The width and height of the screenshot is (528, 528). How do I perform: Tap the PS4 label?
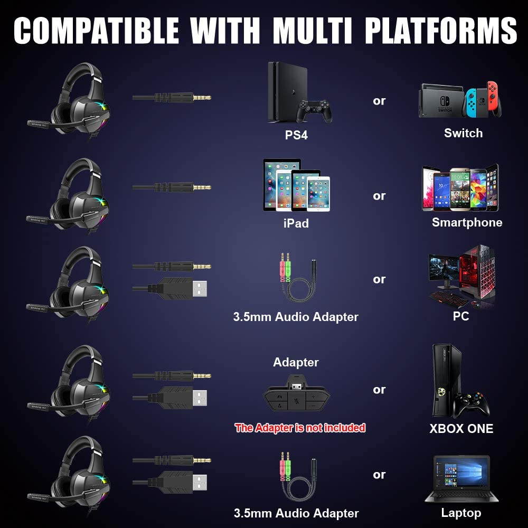coord(296,135)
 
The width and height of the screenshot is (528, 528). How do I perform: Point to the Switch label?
coord(463,133)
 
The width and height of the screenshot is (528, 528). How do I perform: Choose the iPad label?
coord(296,223)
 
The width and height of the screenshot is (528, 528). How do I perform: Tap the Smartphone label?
coord(467,222)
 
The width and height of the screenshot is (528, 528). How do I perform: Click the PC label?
coord(460,317)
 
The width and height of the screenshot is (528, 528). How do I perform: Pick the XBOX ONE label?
coord(461,428)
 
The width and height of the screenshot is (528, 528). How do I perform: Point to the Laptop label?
coord(461,513)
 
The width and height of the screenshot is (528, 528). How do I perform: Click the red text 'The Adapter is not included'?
coord(300,428)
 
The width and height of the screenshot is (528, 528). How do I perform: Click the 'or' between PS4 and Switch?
coord(379,100)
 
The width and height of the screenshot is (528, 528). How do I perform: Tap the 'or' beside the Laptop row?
coord(379,475)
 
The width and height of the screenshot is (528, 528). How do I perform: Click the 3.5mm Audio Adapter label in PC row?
coord(296,317)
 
